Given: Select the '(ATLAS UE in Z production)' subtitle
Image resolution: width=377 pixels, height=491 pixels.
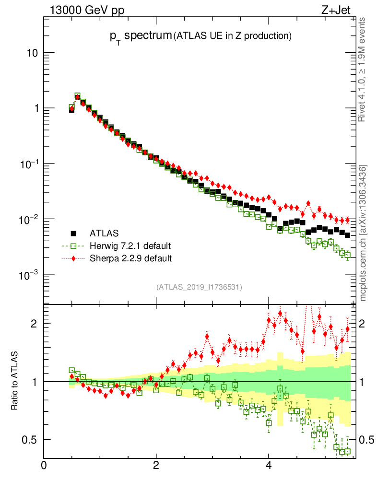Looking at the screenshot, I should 233,35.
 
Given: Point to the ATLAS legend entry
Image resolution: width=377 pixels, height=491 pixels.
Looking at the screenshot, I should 103,234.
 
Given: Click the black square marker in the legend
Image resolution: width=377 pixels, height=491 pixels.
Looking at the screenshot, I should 74,234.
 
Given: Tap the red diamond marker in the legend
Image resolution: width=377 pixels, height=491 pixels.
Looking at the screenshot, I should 74,258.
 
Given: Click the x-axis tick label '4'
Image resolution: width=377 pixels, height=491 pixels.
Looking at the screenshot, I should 269,465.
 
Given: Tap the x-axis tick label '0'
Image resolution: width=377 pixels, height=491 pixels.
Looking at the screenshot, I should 44,465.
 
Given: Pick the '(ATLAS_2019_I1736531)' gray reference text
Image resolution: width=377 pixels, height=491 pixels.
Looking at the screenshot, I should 199,287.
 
